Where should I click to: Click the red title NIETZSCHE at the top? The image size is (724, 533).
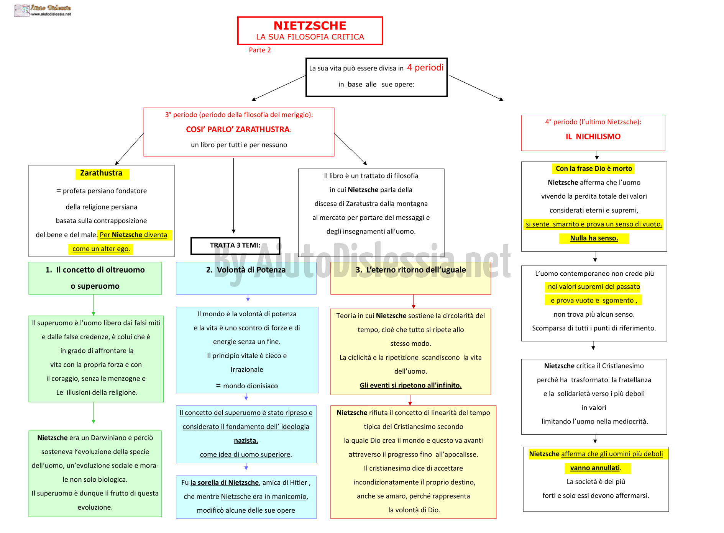point(310,26)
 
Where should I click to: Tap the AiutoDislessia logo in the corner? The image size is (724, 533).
point(43,10)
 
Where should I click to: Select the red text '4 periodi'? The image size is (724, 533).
point(425,68)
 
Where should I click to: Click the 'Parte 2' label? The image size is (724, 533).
point(259,50)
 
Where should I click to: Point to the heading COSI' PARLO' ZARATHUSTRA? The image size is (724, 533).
point(239,129)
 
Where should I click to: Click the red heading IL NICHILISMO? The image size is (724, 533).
point(593,137)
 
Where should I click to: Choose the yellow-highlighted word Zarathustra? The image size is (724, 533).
point(102,173)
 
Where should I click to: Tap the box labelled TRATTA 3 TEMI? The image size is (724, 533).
point(235,245)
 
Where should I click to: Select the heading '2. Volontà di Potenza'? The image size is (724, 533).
point(246,270)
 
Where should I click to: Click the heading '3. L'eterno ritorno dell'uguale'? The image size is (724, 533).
point(410,270)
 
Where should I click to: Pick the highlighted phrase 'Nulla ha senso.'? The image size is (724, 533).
point(594,238)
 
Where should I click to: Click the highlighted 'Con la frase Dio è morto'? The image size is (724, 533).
point(594,168)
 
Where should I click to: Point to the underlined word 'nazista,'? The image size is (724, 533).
point(246,441)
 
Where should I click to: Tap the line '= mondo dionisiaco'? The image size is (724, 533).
point(247,386)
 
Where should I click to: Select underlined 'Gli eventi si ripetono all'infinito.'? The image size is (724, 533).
point(410,385)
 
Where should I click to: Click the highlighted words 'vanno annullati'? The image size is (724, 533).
point(595,468)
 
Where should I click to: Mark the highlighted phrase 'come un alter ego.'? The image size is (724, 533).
point(102,249)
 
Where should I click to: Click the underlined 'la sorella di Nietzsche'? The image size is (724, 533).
point(225,482)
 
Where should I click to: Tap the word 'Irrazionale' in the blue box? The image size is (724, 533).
point(247,370)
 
